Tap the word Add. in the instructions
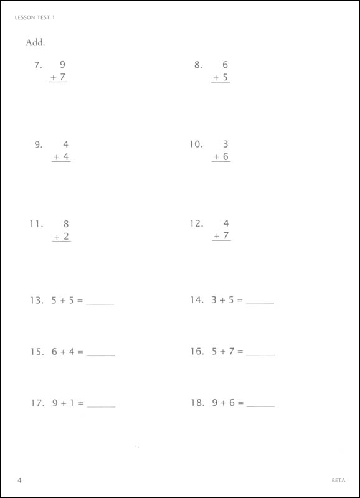(x=36, y=43)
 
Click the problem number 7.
(x=38, y=65)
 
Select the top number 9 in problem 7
(x=62, y=65)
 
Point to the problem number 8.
(x=199, y=65)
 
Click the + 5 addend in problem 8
(x=220, y=78)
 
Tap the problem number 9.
(x=38, y=144)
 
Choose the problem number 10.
(x=196, y=144)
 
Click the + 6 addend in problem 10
(x=221, y=157)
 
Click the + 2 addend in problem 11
(x=61, y=237)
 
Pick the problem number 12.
(x=196, y=223)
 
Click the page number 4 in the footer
(x=20, y=481)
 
